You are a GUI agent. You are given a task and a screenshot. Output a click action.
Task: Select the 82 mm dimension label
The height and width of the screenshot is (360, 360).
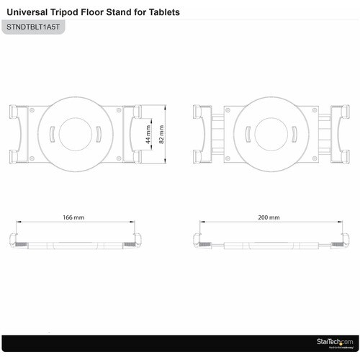tap(161, 134)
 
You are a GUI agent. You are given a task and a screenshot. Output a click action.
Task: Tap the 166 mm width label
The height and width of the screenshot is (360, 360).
tap(73, 217)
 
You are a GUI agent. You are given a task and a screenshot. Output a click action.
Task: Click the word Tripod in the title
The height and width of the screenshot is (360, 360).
tap(72, 12)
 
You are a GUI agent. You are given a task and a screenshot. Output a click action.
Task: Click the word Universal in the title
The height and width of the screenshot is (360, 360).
tap(30, 12)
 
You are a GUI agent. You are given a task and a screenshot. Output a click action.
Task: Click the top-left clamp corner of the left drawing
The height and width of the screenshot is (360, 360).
tap(13, 111)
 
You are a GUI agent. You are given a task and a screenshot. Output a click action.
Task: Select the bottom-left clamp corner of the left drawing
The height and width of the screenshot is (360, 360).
tap(13, 157)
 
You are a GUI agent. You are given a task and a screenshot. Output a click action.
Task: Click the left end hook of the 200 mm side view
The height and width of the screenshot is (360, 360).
tap(200, 240)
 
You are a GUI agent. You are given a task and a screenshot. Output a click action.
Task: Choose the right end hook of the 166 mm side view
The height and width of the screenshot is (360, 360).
tap(138, 240)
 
